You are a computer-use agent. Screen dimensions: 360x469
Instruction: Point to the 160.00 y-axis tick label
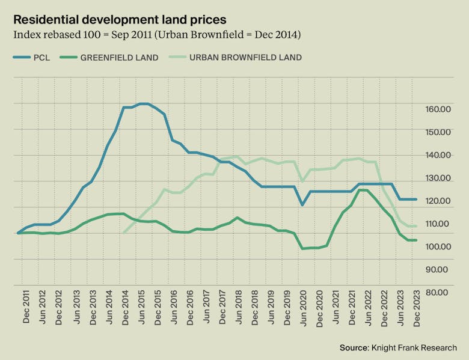coord(437,109)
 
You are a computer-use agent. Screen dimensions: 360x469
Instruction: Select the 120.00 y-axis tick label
coord(437,201)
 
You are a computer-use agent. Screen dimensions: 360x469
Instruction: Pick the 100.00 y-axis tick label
coord(437,246)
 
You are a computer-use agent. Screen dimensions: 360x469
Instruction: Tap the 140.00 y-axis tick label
coord(437,155)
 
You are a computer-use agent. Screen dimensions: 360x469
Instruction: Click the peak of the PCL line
coord(143,104)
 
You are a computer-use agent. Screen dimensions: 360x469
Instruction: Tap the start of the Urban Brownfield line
coord(123,233)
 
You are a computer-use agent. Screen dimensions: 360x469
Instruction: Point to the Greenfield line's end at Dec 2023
coord(416,240)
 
